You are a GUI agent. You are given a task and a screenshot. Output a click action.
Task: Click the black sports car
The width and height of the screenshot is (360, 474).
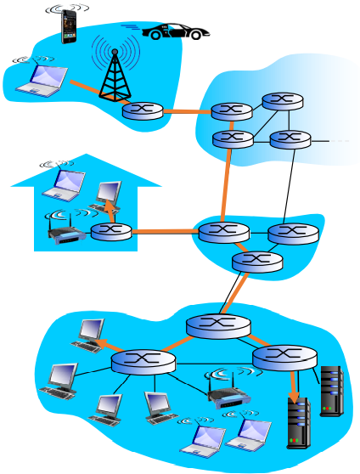point(176,32)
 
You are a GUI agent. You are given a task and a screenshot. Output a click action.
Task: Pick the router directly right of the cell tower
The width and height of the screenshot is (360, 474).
point(142,110)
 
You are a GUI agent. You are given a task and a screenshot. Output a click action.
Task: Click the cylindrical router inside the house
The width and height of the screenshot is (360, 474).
point(111,231)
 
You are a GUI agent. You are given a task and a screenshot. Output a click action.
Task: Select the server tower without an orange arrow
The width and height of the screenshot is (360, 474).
point(331,391)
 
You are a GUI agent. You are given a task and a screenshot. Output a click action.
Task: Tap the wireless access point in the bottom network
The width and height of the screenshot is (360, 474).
point(228,395)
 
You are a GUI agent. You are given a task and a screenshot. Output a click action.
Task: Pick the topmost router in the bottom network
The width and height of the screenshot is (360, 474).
point(218,325)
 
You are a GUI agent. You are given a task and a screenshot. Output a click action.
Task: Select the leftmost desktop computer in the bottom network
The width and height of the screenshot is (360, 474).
point(62,379)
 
